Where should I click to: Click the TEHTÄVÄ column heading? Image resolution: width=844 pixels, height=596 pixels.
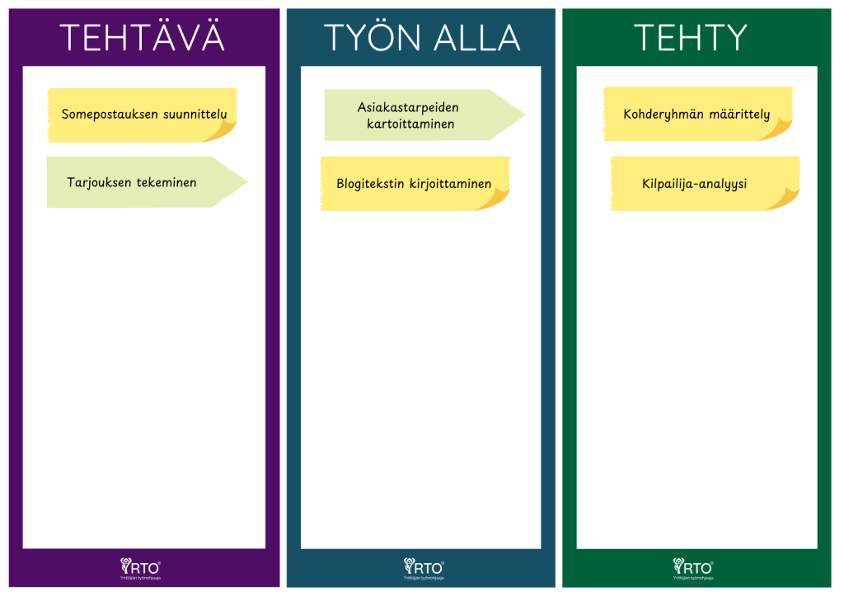[x=142, y=38]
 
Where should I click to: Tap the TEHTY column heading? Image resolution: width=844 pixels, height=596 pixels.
[x=690, y=38]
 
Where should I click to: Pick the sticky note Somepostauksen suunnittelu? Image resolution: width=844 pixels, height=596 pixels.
[x=142, y=115]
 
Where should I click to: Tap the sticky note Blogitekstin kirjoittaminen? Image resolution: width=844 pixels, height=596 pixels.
[x=414, y=184]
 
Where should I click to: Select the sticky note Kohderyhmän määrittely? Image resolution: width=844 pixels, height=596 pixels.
[x=696, y=115]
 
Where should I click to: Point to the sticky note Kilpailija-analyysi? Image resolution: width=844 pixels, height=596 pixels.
[x=695, y=184]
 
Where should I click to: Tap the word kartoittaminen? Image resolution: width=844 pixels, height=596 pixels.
[x=410, y=124]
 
